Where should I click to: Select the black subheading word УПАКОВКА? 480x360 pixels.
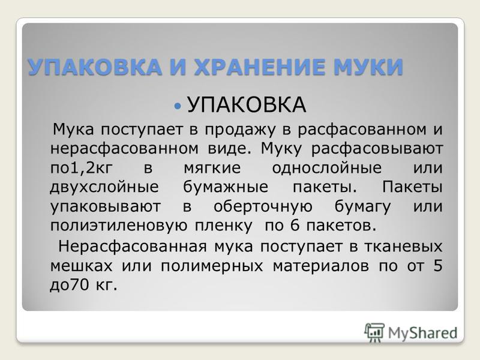(x=247, y=104)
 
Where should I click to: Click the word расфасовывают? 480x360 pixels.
(x=377, y=149)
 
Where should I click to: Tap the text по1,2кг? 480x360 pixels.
(x=82, y=169)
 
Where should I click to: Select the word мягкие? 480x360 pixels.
(x=212, y=169)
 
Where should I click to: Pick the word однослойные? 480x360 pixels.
(x=327, y=168)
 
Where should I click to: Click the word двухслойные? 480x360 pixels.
(x=104, y=187)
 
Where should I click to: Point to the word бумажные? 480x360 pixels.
(x=226, y=187)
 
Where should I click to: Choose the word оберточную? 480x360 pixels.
(x=263, y=206)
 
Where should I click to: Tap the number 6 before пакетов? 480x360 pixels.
(x=295, y=226)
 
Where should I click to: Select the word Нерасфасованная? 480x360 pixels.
(x=133, y=247)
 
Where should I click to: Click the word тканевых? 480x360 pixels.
(x=403, y=247)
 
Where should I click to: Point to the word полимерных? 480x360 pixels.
(x=212, y=266)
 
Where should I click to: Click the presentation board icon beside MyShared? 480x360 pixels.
(x=374, y=332)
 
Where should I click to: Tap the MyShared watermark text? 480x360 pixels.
(x=423, y=333)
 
